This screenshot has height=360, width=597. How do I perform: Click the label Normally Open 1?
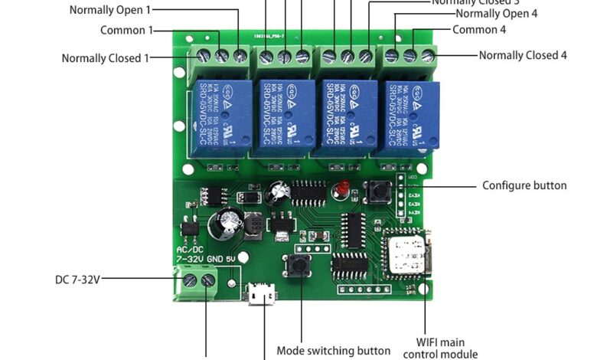pyautogui.click(x=110, y=10)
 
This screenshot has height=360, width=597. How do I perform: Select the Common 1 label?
pyautogui.click(x=126, y=31)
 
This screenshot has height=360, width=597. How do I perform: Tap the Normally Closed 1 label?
pyautogui.click(x=106, y=58)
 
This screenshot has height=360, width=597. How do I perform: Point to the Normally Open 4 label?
pyautogui.click(x=496, y=14)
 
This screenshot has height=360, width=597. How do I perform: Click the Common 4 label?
pyautogui.click(x=479, y=30)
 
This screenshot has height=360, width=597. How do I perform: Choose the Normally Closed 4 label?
pyautogui.click(x=523, y=55)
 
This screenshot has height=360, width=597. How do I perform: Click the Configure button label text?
pyautogui.click(x=524, y=185)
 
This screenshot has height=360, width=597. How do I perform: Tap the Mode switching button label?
pyautogui.click(x=334, y=351)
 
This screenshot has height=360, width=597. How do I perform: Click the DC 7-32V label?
pyautogui.click(x=78, y=280)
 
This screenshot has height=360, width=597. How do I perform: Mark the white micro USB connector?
pyautogui.click(x=263, y=293)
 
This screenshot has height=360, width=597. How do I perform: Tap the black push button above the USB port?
pyautogui.click(x=300, y=267)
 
